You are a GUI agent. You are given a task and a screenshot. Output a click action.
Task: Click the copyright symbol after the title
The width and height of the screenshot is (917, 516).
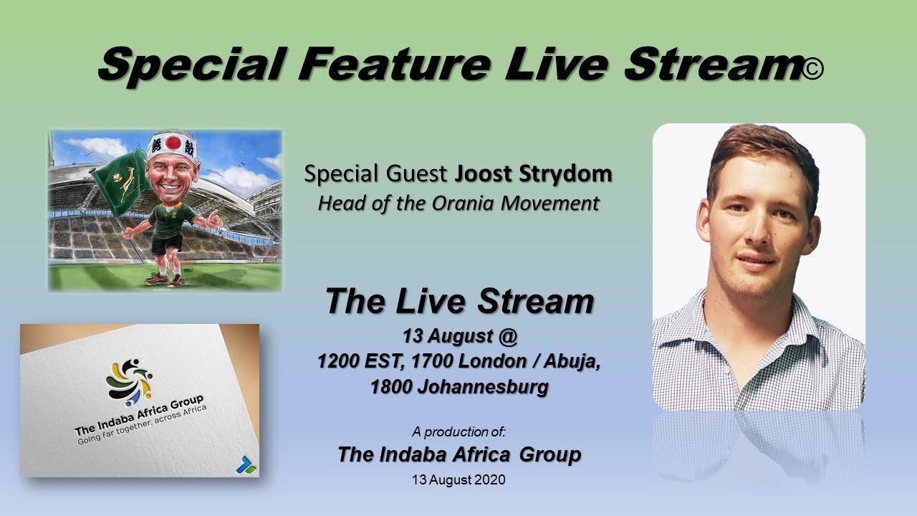pos(814,69)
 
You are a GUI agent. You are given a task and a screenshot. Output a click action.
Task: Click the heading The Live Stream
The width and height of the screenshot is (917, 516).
pos(459,302)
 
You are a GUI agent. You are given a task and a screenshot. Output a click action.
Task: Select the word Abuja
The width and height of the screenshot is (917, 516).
pos(570,361)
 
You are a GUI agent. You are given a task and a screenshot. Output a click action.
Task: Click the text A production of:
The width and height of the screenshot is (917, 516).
pos(458,431)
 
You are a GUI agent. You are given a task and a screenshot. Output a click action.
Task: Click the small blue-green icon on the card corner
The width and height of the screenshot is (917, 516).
pos(245,464)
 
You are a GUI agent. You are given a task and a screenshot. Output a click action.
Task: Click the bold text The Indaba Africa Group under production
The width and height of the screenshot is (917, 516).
pos(459,454)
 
